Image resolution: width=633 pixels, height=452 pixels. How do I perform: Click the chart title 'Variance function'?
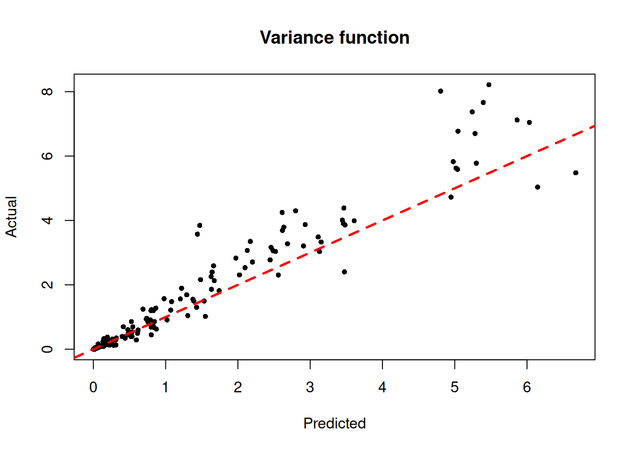tap(334, 38)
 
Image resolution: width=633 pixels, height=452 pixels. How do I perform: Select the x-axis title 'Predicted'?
tap(334, 423)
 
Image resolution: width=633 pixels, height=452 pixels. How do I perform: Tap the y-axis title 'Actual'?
tap(11, 217)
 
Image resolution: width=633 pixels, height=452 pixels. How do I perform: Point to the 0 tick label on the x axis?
tap(93, 387)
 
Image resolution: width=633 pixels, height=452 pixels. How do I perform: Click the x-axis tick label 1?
tap(165, 387)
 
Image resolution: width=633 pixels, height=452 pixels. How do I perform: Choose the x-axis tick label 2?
tap(238, 387)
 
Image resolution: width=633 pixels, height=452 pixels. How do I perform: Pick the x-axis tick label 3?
tap(310, 387)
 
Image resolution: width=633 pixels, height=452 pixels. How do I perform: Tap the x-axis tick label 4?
tap(382, 387)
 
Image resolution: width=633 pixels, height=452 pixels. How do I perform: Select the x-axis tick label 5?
tap(454, 387)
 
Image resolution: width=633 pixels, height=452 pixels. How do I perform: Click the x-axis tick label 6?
tap(527, 387)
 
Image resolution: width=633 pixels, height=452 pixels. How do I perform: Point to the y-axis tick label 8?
tap(48, 91)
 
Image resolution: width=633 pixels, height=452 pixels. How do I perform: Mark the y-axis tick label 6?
tap(48, 156)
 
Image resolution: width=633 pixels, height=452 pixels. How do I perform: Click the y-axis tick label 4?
tap(48, 220)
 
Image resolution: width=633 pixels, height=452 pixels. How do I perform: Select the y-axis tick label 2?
tap(48, 285)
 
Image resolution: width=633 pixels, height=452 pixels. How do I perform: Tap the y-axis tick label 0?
tap(48, 349)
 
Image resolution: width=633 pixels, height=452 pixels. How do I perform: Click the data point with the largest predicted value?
tap(576, 173)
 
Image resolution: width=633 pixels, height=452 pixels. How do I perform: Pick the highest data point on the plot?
tap(489, 85)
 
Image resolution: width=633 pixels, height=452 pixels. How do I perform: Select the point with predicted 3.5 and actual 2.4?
tap(344, 272)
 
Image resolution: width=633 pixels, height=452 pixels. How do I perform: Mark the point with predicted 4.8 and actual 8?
tap(440, 91)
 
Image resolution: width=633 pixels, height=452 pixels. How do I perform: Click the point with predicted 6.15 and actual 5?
tap(537, 187)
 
